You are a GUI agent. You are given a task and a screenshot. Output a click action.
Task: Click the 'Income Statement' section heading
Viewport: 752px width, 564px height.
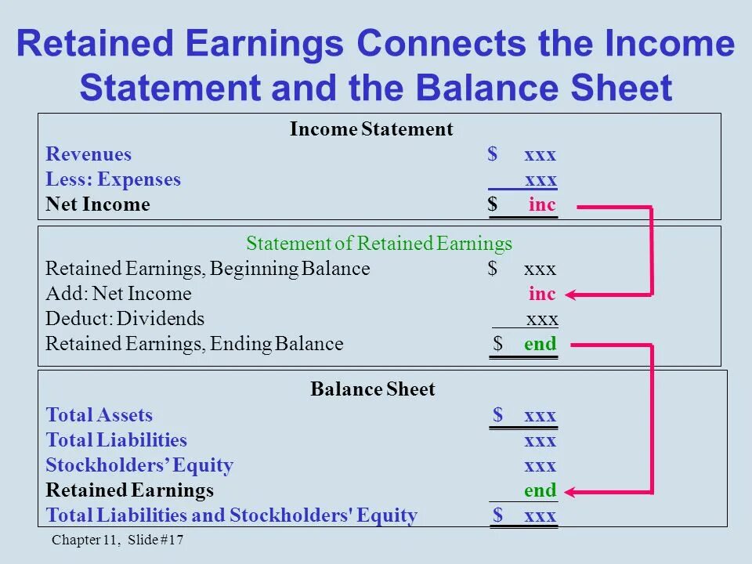tap(371, 129)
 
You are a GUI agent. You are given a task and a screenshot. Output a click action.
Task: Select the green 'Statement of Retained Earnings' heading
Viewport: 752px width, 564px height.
tap(379, 243)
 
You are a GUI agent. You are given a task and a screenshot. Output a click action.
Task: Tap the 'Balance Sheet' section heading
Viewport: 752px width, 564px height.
tap(372, 389)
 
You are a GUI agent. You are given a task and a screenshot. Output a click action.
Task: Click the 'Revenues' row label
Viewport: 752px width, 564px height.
tap(89, 154)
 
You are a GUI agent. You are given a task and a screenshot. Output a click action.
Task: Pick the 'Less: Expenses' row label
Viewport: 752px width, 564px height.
tap(113, 179)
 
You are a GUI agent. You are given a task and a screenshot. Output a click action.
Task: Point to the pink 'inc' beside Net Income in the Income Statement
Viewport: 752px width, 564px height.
tap(542, 205)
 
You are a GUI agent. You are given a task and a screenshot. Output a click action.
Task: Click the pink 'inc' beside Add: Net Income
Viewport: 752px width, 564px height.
tap(542, 295)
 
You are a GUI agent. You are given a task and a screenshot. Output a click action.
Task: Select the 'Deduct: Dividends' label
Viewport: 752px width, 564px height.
tap(125, 319)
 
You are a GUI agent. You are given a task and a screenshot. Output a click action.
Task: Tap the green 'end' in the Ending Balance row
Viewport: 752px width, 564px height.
tap(540, 344)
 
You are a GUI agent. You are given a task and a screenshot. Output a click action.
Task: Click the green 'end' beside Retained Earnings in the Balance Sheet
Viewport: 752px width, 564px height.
tap(540, 491)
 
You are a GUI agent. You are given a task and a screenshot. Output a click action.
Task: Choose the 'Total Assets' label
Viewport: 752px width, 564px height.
tap(99, 415)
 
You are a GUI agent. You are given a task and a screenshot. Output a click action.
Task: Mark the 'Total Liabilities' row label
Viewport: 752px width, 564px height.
tap(117, 440)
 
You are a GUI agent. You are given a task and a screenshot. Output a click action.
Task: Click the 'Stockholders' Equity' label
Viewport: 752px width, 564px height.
tap(139, 465)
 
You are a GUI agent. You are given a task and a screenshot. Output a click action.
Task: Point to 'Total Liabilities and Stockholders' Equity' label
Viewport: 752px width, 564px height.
tap(231, 515)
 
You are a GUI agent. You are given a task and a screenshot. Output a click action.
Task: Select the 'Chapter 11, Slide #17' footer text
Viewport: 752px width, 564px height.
tap(117, 540)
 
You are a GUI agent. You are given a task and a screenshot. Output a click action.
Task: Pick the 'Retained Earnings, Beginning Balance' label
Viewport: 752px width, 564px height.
tap(208, 269)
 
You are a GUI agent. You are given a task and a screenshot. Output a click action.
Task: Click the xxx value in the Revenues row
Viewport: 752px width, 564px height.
tap(540, 154)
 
